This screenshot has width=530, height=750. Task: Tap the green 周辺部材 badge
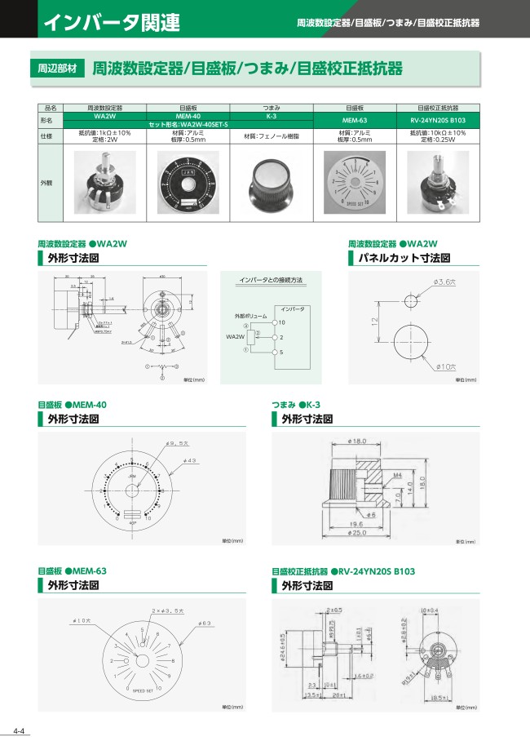pyautogui.click(x=58, y=70)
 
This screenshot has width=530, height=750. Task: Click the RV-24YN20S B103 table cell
pyautogui.click(x=438, y=121)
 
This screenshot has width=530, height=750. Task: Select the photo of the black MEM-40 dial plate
pyautogui.click(x=188, y=183)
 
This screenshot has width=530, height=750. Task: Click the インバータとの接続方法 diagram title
pyautogui.click(x=270, y=280)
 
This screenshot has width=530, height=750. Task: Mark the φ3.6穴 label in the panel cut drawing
pyautogui.click(x=446, y=282)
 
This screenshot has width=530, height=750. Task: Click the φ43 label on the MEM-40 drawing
pyautogui.click(x=190, y=461)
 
